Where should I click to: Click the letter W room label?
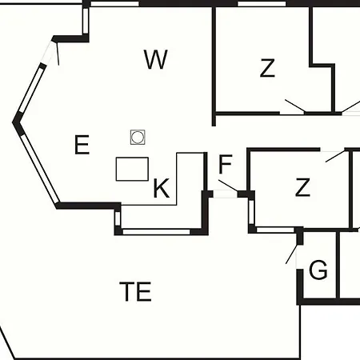(156, 59)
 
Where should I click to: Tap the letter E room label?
(82, 145)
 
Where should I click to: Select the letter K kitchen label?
(162, 188)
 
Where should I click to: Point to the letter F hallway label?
(225, 164)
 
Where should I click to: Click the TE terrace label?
(135, 291)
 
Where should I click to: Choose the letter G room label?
(318, 270)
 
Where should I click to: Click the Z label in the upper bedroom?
(267, 68)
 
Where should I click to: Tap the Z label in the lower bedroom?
(302, 187)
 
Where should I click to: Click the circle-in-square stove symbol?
(138, 137)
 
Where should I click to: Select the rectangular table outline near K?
(132, 169)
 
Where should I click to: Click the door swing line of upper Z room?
(295, 106)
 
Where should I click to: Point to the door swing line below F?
(228, 186)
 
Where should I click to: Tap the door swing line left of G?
(291, 254)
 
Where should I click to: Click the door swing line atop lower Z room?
(335, 156)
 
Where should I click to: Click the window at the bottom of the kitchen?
(156, 231)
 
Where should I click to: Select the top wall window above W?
(114, 4)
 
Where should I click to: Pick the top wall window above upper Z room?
(262, 4)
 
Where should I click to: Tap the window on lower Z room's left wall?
(251, 212)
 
